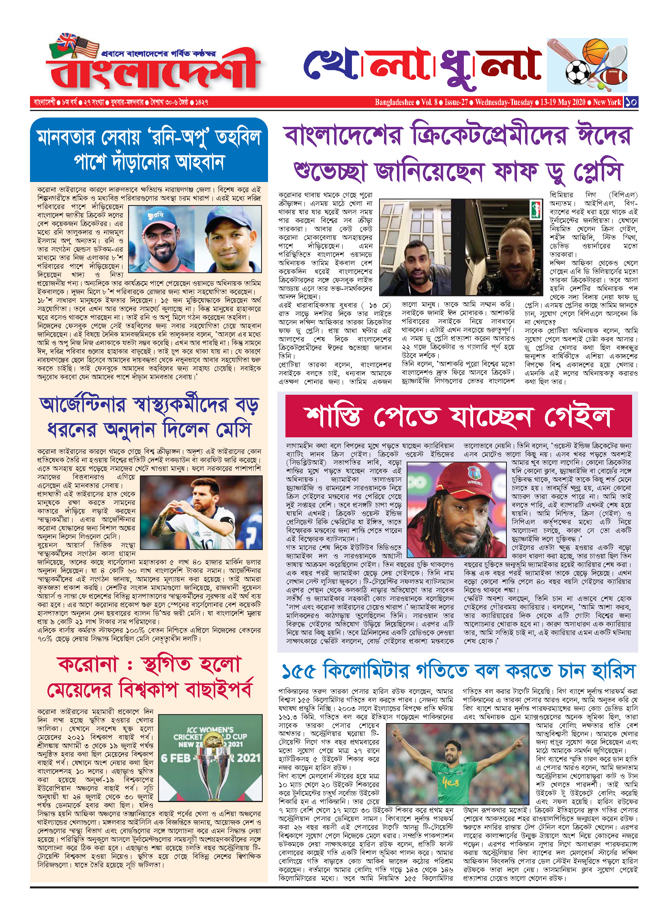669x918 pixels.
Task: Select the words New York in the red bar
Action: [607, 102]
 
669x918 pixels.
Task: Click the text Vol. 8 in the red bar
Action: [429, 102]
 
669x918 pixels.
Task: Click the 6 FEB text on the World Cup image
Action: [176, 758]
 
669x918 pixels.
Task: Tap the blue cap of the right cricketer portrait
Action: [228, 221]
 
